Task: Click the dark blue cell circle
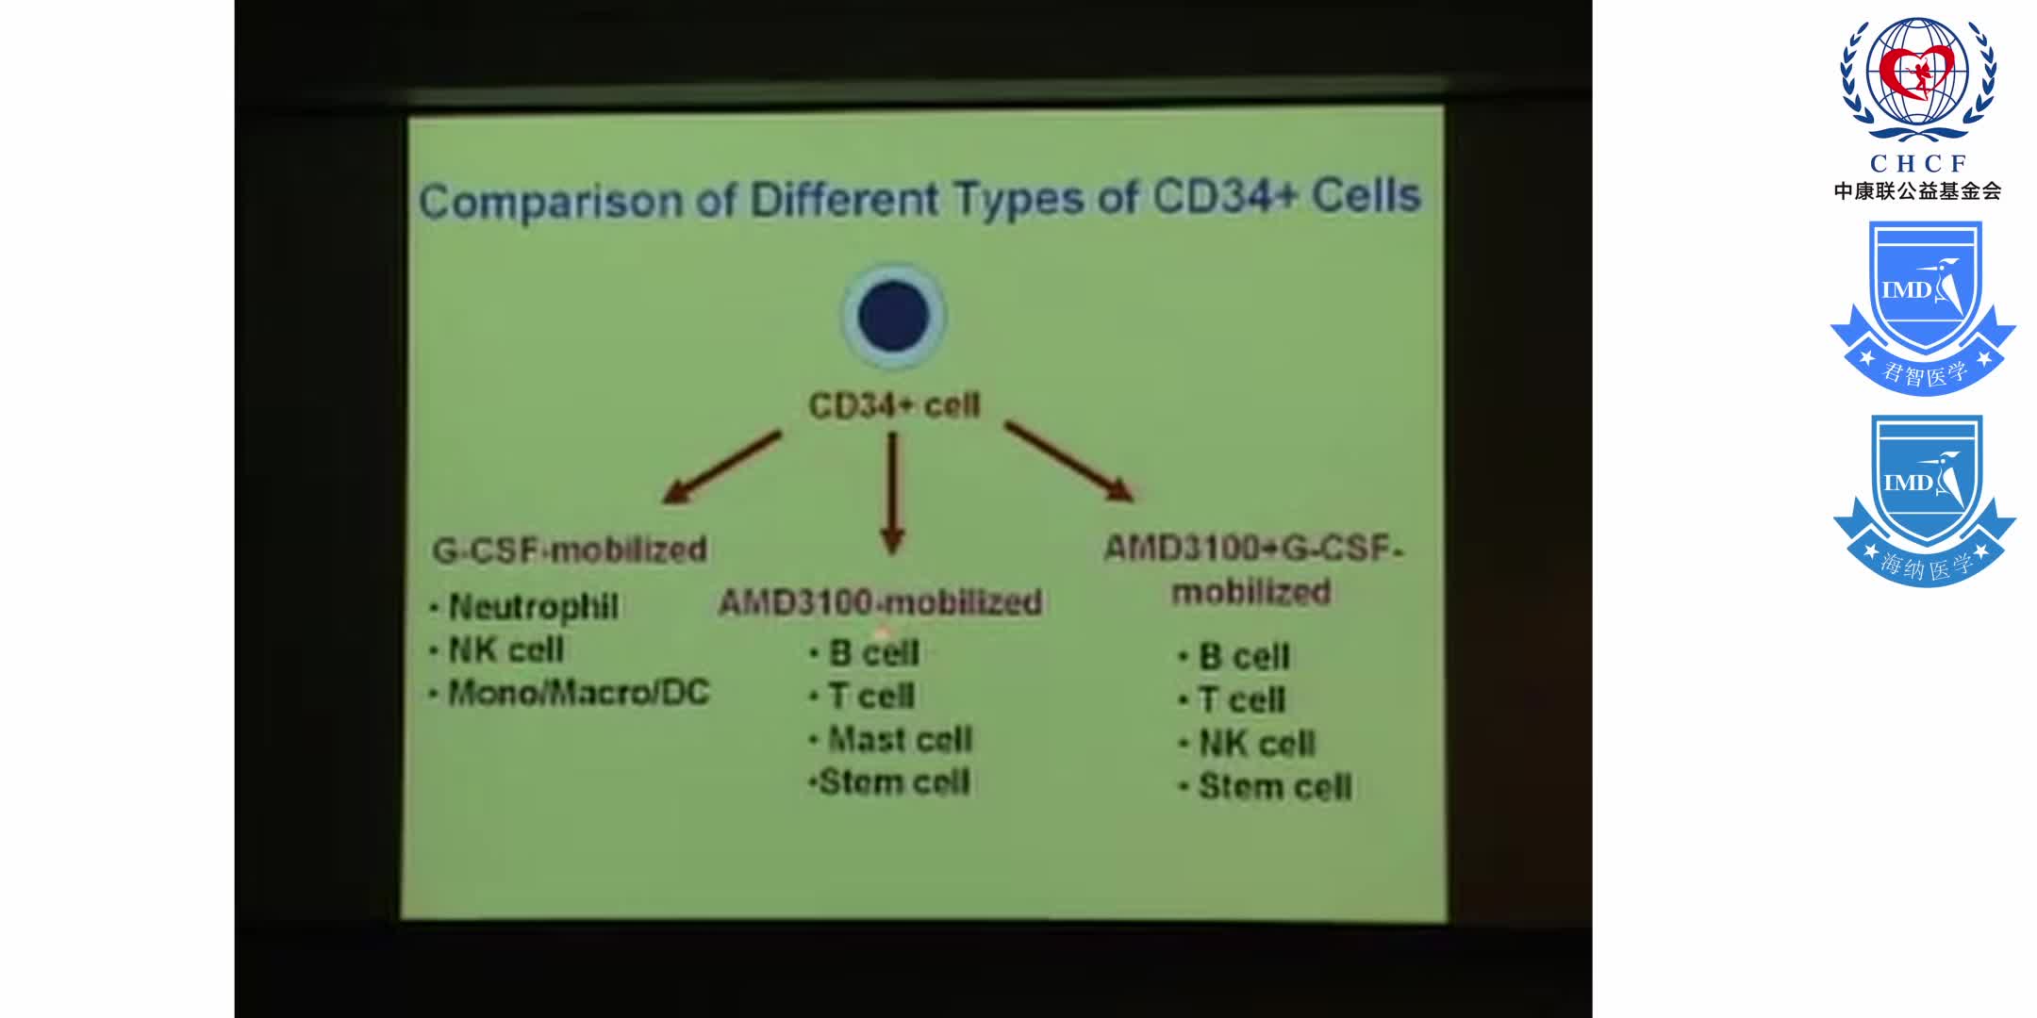click(x=893, y=317)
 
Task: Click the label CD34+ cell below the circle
click(x=894, y=405)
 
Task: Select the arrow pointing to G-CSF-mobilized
click(x=721, y=468)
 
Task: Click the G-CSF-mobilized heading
click(x=570, y=550)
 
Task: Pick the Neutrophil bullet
click(x=533, y=606)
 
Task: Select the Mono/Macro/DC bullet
click(x=577, y=693)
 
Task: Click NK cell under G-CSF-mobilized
click(x=505, y=649)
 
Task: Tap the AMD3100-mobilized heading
click(x=880, y=602)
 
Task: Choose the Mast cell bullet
click(x=899, y=739)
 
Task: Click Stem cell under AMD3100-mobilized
click(x=893, y=782)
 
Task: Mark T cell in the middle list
click(x=870, y=696)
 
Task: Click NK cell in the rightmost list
click(x=1255, y=744)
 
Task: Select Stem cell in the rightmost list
click(x=1274, y=787)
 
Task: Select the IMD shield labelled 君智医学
click(x=1923, y=306)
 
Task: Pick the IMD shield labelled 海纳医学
click(x=1924, y=500)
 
